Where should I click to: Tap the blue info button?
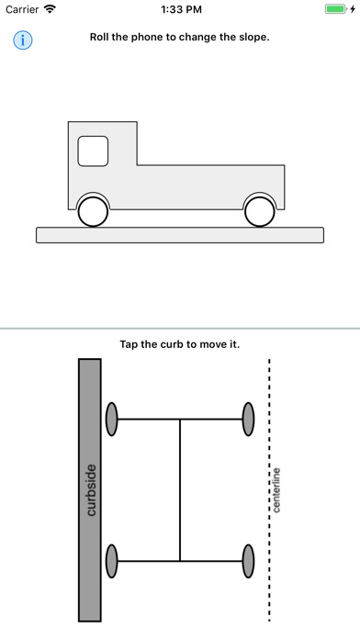23,40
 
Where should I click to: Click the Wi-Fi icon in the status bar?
51,9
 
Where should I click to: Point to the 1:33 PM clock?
181,9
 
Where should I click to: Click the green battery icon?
336,9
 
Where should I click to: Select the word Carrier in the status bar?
22,9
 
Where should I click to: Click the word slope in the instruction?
256,37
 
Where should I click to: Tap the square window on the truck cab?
93,151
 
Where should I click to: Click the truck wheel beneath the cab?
93,212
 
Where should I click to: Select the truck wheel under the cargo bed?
259,212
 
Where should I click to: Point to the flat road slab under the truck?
180,235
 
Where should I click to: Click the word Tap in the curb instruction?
129,344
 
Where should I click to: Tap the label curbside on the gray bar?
91,490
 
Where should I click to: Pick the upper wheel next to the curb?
112,419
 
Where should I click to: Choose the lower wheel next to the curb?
112,561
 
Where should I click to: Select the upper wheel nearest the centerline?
248,419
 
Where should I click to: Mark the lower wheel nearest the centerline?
248,561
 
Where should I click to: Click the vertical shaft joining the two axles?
180,490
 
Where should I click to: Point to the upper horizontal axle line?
180,419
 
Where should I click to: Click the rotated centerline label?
276,490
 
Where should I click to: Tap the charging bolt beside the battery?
353,9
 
